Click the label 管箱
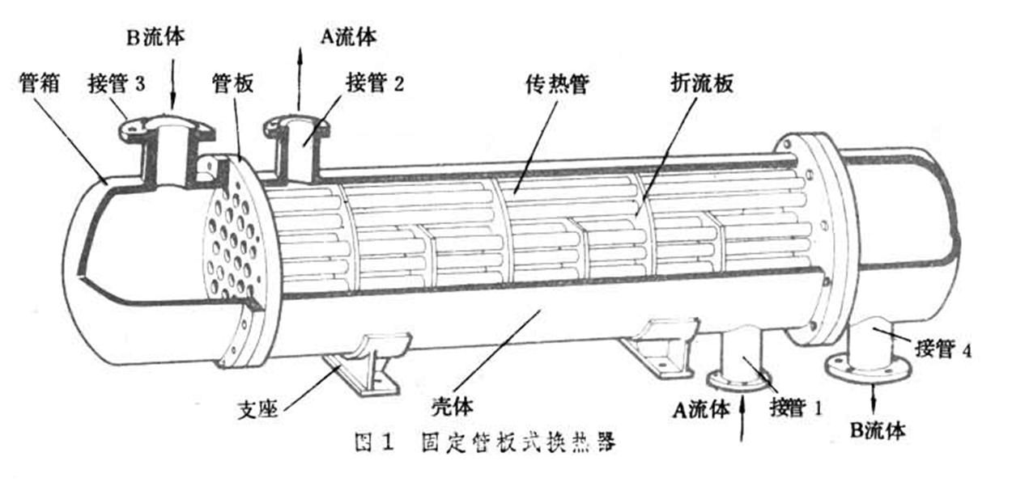tap(40, 83)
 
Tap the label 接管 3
tap(117, 83)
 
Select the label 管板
tap(233, 83)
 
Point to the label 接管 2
tap(375, 83)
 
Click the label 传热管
tap(558, 84)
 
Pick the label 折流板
tap(702, 83)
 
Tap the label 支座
tap(258, 410)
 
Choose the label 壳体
tap(453, 406)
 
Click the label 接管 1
tap(796, 408)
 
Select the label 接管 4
tap(943, 349)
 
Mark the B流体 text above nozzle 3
tap(155, 37)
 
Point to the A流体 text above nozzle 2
tap(348, 37)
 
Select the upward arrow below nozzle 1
tap(742, 418)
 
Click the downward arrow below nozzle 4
tap(874, 398)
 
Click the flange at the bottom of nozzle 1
tap(738, 380)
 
